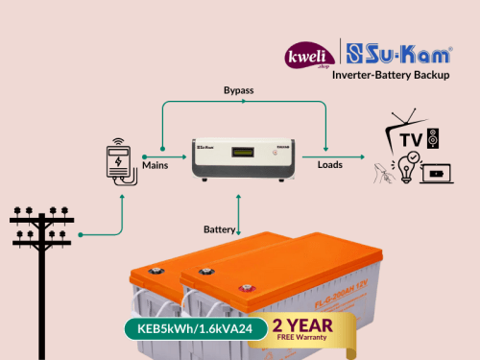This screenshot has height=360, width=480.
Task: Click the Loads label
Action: point(330,165)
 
